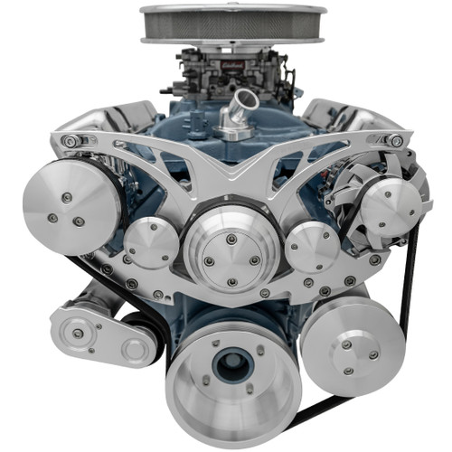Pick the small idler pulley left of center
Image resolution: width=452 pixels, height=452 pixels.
point(150,243)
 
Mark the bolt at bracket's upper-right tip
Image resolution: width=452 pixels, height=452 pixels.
point(396,140)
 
